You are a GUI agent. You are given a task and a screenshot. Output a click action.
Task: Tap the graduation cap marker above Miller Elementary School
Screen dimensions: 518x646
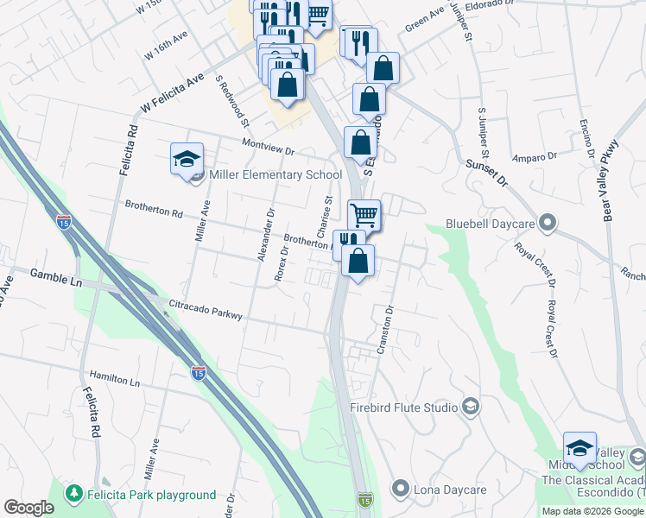point(187,160)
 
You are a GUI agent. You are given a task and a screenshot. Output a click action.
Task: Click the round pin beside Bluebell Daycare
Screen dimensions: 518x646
point(546,224)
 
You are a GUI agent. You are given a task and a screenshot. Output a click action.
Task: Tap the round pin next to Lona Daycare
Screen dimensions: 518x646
point(399,490)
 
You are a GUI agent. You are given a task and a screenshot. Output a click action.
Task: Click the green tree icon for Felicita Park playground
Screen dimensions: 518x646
point(75,495)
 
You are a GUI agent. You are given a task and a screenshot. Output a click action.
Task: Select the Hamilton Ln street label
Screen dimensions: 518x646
point(114,379)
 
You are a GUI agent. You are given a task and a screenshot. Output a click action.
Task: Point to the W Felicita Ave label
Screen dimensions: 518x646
point(172,92)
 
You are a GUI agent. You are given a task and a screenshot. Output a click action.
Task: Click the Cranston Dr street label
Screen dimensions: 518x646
point(384,329)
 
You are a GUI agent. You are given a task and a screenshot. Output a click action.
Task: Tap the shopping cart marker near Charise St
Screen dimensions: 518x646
point(364,215)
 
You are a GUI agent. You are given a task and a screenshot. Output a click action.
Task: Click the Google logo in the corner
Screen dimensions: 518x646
point(28,508)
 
